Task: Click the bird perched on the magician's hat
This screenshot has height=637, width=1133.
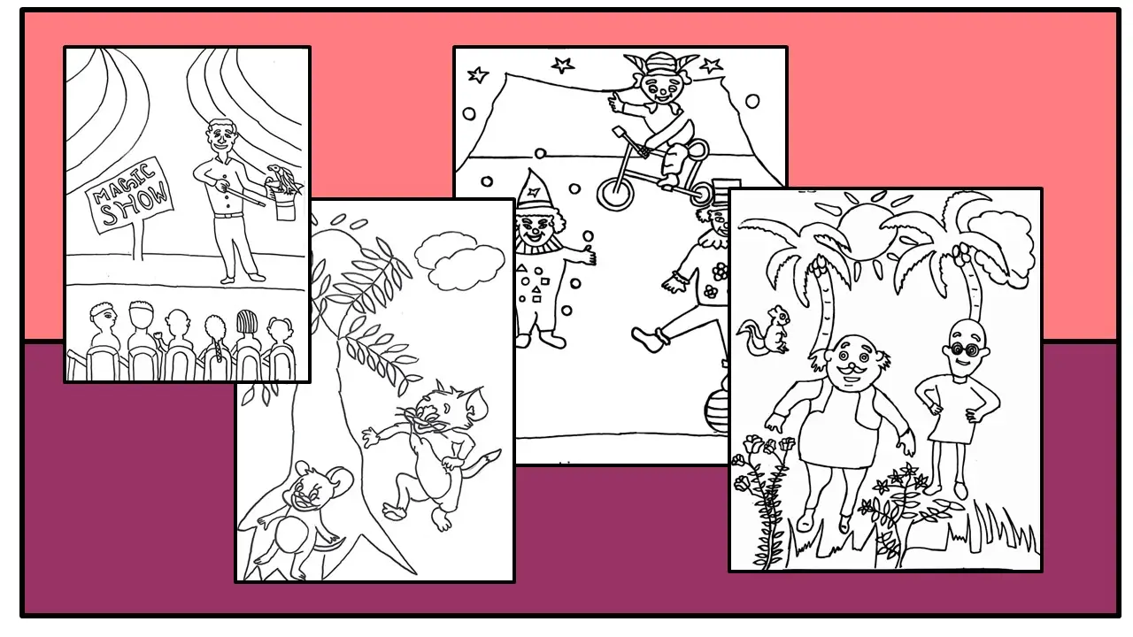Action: [282, 177]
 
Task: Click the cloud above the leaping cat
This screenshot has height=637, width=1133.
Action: [458, 261]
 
